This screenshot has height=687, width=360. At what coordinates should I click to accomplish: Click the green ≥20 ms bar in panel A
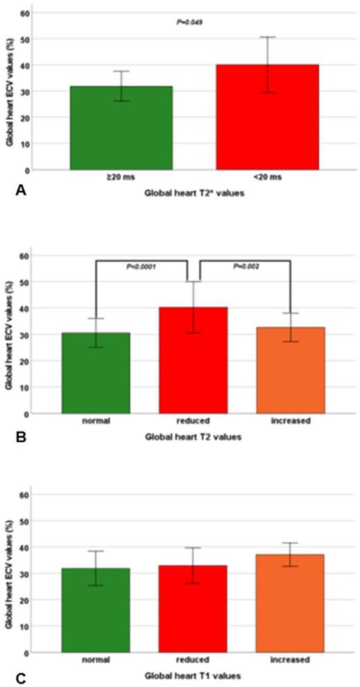pyautogui.click(x=121, y=128)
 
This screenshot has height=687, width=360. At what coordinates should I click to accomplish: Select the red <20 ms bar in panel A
pyautogui.click(x=267, y=118)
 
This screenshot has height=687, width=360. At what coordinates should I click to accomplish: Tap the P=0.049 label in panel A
pyautogui.click(x=190, y=22)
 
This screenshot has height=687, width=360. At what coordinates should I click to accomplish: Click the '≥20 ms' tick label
pyautogui.click(x=121, y=178)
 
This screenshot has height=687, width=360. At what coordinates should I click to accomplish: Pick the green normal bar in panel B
pyautogui.click(x=96, y=374)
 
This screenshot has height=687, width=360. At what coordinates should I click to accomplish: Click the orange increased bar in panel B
pyautogui.click(x=290, y=371)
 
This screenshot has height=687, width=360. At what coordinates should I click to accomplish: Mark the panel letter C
pyautogui.click(x=20, y=671)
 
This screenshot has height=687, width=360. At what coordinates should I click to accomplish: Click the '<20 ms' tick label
pyautogui.click(x=267, y=178)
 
